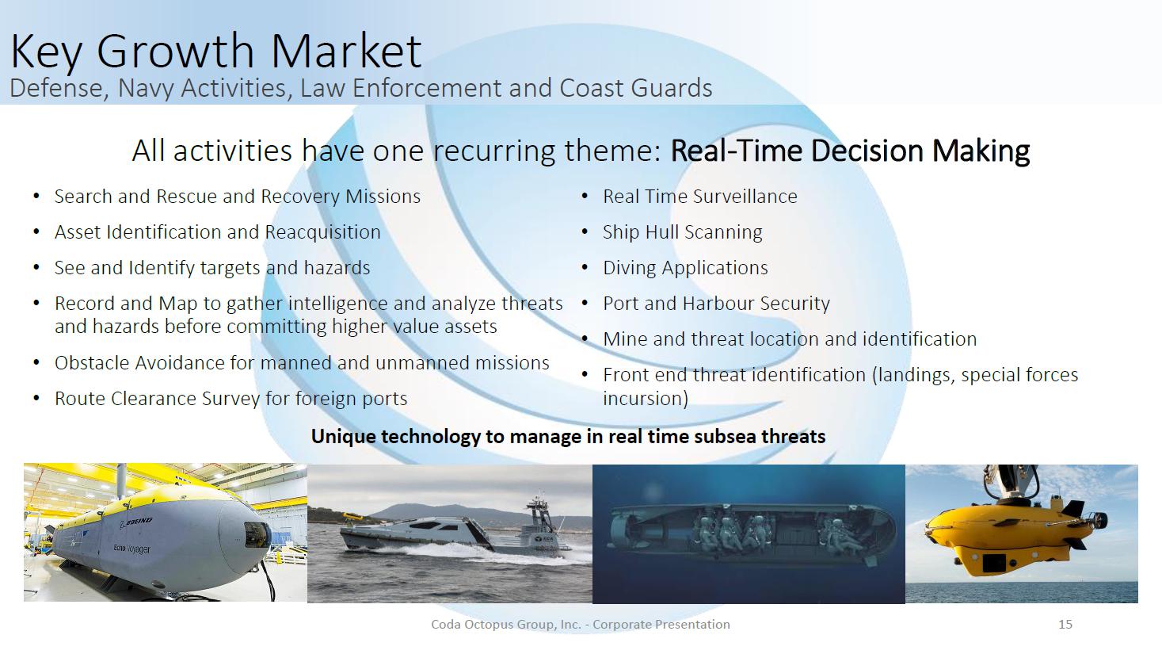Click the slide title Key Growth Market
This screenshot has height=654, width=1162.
[x=215, y=51]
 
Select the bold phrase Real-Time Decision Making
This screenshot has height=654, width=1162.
[x=850, y=151]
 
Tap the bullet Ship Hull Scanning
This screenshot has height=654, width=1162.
[x=682, y=232]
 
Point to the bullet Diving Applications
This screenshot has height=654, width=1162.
[x=685, y=268]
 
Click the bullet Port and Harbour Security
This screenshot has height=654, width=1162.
[x=716, y=304]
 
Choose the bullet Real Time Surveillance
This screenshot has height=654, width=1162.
[x=699, y=197]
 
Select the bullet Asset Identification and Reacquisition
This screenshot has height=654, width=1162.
[x=217, y=232]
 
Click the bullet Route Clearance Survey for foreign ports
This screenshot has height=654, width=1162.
[x=230, y=399]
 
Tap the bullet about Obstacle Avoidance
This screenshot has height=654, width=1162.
[x=302, y=363]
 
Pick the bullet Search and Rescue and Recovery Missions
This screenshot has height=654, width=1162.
[x=238, y=197]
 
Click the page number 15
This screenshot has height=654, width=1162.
[x=1065, y=625]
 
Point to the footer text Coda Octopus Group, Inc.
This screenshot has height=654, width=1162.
[x=506, y=625]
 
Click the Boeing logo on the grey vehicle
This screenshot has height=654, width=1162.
[x=136, y=522]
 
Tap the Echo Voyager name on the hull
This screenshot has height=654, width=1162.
[x=131, y=549]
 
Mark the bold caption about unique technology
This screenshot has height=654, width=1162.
[x=568, y=437]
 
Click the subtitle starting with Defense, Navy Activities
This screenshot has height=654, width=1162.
[x=360, y=88]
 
